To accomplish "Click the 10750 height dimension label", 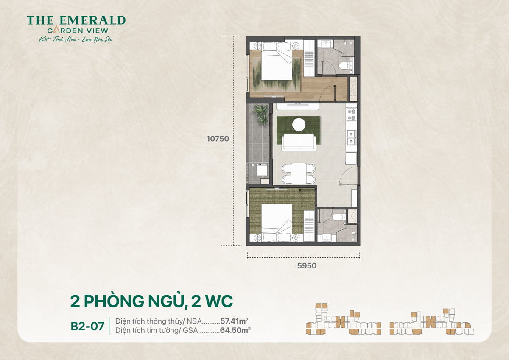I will [x=218, y=139].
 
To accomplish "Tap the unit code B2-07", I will [x=87, y=327].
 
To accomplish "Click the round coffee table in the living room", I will [x=299, y=124].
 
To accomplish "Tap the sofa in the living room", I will [x=299, y=142].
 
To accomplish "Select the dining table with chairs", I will [x=299, y=173].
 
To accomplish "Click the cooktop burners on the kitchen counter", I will [x=351, y=114].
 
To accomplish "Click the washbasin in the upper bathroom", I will [x=326, y=45].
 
